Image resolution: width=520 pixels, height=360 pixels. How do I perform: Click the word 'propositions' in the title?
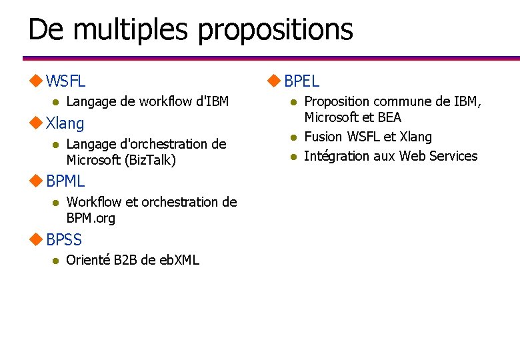(x=275, y=30)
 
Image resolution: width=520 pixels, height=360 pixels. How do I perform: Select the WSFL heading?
(x=66, y=81)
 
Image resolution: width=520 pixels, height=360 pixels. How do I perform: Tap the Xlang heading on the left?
(x=65, y=123)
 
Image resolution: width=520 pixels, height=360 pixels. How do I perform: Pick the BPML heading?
(x=65, y=181)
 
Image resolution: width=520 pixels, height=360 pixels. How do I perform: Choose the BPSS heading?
(x=64, y=239)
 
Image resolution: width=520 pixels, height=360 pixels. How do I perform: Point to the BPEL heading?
(x=302, y=81)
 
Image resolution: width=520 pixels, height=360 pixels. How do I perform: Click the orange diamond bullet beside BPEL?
(x=273, y=81)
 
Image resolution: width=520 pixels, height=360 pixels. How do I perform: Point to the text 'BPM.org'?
(x=91, y=218)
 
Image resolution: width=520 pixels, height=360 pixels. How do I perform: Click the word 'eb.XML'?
(x=176, y=260)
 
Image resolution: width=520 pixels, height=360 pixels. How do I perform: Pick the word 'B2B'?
(x=124, y=260)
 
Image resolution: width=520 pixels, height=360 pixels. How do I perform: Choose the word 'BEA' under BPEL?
(x=389, y=117)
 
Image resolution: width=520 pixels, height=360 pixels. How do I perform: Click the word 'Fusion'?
(x=323, y=137)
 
